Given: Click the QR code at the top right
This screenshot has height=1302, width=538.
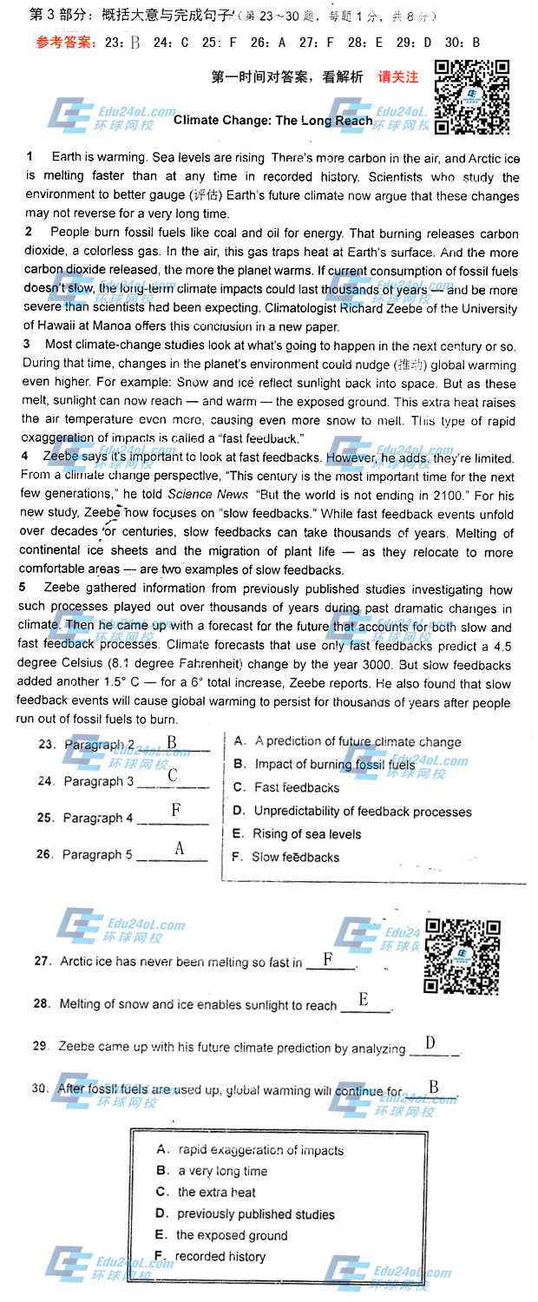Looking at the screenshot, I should coord(471,97).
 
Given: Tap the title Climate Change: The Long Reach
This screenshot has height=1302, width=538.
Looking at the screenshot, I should coord(273,121).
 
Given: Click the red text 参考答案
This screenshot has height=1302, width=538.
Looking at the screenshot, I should coord(67,42).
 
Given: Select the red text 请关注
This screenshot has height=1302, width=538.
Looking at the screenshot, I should coord(398,76).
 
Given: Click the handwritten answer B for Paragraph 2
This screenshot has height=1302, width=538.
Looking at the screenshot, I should coord(172,742).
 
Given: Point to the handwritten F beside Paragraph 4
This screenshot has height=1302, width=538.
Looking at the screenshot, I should coord(175,810).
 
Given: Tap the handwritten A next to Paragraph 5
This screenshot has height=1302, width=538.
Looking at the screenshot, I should coord(179,848).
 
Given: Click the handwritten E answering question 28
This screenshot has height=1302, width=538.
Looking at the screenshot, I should coord(363,999).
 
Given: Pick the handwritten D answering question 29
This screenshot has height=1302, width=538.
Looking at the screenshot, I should coord(430,1042).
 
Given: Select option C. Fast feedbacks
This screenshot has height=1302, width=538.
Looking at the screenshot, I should coord(286,787).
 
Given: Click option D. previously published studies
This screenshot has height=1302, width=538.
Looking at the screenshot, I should coord(245,1213).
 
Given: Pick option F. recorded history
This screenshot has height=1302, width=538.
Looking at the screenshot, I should coord(211,1256).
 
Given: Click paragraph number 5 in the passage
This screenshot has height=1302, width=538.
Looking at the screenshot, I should coord(23,589).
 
